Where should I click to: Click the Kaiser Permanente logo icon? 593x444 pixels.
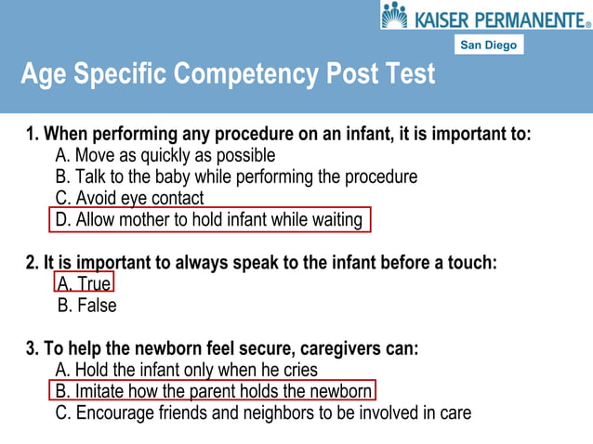pos(395,16)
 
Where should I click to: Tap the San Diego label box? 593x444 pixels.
pos(490,45)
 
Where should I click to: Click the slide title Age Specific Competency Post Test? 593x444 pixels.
pos(228,74)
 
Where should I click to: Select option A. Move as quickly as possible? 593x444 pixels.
pos(165,155)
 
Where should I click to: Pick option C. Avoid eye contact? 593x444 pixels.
pos(129,198)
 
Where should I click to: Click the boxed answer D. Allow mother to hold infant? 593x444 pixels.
pos(210,220)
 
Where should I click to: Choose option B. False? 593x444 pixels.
pos(87,305)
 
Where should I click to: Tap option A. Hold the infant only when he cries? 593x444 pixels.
pos(186,370)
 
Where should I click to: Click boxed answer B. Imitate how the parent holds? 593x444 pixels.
pos(213,391)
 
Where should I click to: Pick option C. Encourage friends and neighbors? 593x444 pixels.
pos(263,412)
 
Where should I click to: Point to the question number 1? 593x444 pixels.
pos(32,135)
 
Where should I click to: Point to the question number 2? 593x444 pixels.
pos(32,263)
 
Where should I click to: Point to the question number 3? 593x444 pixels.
pos(32,349)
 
